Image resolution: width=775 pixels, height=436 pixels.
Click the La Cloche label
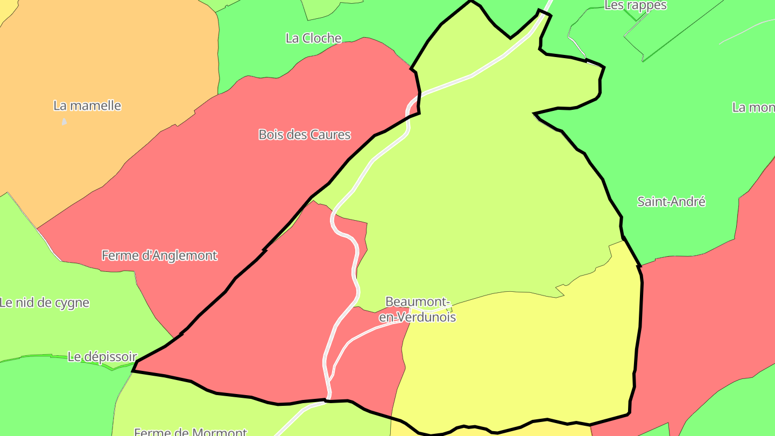(313, 38)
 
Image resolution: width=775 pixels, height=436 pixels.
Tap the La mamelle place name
(87, 106)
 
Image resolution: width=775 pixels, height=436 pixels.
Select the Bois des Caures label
(305, 135)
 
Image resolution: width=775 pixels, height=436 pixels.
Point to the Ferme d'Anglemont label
(159, 255)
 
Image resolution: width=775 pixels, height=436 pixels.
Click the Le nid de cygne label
(44, 303)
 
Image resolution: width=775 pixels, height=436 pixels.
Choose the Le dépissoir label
(102, 356)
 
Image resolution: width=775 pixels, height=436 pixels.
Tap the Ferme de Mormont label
(190, 431)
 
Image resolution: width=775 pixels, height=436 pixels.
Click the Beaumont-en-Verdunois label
(418, 310)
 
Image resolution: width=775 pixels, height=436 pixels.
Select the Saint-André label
(671, 202)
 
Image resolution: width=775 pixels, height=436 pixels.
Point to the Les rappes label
(636, 5)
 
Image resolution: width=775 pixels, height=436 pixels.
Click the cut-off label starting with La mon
(753, 107)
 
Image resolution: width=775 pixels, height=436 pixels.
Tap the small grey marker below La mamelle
(65, 121)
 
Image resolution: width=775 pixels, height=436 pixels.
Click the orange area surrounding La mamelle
(108, 54)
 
